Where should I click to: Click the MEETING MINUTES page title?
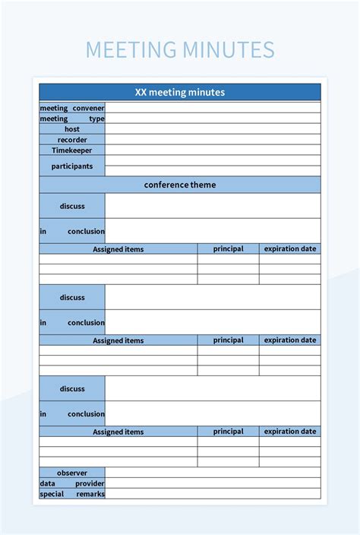[x=180, y=50]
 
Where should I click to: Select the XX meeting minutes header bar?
[x=180, y=92]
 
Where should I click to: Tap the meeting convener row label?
[x=72, y=108]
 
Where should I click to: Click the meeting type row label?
[x=72, y=119]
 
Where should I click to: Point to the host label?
[x=72, y=129]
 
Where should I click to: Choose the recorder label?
[x=72, y=140]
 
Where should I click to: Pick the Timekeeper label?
[x=72, y=150]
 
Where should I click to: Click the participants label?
[x=72, y=166]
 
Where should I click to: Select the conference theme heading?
[x=180, y=185]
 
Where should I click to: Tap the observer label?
[x=72, y=473]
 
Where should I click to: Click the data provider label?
[x=72, y=483]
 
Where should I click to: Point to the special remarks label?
[x=72, y=494]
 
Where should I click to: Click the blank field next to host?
[x=213, y=129]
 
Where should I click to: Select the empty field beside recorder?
[x=213, y=140]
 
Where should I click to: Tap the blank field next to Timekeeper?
[x=213, y=150]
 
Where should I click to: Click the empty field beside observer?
[x=213, y=473]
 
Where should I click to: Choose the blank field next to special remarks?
[x=213, y=494]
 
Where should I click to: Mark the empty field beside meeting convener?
[x=213, y=108]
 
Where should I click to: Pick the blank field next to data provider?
[x=213, y=483]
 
